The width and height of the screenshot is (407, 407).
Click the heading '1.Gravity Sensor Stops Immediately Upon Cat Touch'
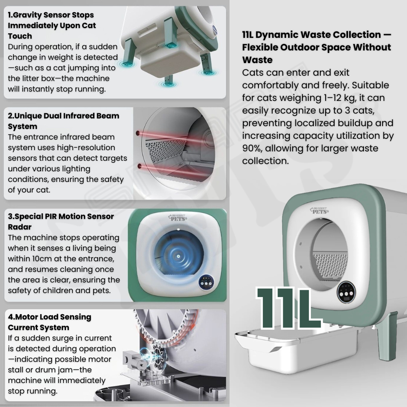[52, 25]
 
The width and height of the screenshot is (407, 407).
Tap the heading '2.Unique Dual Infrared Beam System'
[63, 121]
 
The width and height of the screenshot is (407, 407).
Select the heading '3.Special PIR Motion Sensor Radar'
[61, 221]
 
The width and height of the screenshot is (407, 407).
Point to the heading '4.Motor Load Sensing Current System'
[49, 322]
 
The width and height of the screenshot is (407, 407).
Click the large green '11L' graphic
[288, 308]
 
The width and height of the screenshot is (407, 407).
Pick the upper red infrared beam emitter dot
[138, 133]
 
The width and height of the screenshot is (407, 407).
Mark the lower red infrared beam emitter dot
[139, 166]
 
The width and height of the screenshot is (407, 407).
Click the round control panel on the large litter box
[346, 292]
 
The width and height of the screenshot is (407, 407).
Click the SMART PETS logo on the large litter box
[319, 210]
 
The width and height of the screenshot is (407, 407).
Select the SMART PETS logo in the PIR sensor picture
[177, 217]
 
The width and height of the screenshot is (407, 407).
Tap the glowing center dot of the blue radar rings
[178, 256]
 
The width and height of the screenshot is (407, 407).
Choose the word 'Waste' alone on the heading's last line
[257, 60]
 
